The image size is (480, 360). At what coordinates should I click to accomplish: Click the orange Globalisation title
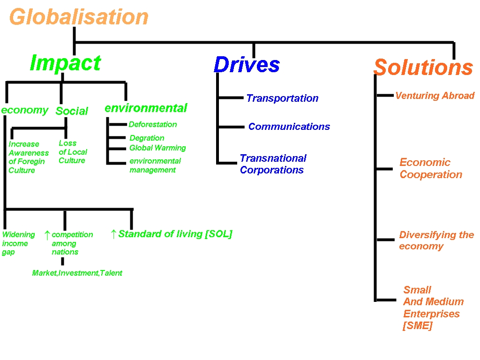pos(79,17)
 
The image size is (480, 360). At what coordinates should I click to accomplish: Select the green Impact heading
pos(65,63)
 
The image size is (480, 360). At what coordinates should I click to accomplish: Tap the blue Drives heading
pos(247,65)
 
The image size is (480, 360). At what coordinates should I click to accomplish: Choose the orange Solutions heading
pos(423,67)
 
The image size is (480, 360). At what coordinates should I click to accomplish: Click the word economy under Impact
pos(24,110)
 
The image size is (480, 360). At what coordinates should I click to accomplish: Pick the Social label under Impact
pos(72,111)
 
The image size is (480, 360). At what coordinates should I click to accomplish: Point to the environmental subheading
pos(146,108)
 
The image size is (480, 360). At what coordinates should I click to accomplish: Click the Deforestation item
pos(153,125)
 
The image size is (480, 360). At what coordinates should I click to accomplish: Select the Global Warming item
pos(157,148)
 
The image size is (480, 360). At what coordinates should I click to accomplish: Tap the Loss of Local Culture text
pos(73,152)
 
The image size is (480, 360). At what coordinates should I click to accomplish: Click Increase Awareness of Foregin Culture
pos(28,157)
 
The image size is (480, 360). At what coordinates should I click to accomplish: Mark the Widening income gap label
pos(18,243)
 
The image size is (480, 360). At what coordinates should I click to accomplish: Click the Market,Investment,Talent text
pos(77,273)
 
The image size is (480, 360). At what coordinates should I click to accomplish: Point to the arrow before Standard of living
pos(113,234)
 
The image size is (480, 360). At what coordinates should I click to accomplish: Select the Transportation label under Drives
pos(282,98)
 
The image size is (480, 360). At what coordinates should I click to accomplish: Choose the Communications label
pos(289,127)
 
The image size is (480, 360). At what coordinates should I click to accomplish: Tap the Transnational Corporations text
pos(273,164)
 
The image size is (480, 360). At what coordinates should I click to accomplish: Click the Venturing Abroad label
pos(435,96)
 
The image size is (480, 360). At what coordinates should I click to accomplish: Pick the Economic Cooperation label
pos(430,169)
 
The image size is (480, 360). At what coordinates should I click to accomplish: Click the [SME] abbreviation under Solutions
pos(417,326)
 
